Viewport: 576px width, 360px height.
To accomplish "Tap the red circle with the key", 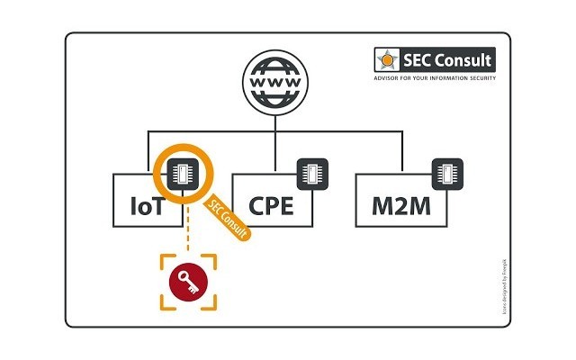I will (189, 279).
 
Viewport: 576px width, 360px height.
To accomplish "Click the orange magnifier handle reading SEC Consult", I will (229, 215).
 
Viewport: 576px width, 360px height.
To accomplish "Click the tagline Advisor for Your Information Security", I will (435, 78).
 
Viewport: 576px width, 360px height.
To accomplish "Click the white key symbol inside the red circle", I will (189, 279).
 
